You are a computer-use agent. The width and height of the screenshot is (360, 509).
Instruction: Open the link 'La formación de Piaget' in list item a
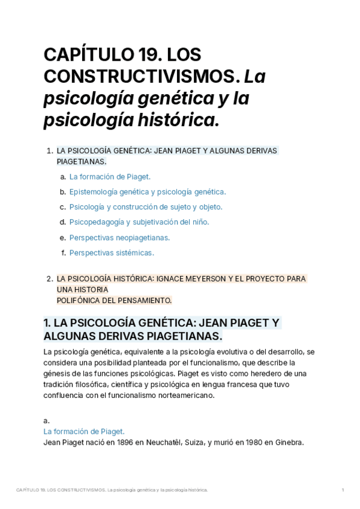click(x=110, y=176)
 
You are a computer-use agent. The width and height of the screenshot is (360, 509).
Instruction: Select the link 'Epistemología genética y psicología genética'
click(x=148, y=192)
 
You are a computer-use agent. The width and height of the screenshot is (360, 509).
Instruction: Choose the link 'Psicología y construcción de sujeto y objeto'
click(x=146, y=207)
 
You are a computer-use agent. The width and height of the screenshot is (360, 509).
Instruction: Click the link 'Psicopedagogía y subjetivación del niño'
click(x=139, y=222)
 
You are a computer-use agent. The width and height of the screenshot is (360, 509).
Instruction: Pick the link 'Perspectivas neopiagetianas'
click(x=119, y=238)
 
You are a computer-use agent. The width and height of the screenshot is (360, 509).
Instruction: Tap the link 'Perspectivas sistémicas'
click(x=112, y=253)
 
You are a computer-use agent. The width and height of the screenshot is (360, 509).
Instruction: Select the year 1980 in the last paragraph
click(x=249, y=443)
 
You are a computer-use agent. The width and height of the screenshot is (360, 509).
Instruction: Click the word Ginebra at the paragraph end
click(x=289, y=443)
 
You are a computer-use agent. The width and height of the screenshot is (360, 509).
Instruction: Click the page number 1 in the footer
click(x=343, y=490)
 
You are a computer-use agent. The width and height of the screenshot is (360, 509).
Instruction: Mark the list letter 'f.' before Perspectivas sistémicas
click(x=64, y=253)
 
